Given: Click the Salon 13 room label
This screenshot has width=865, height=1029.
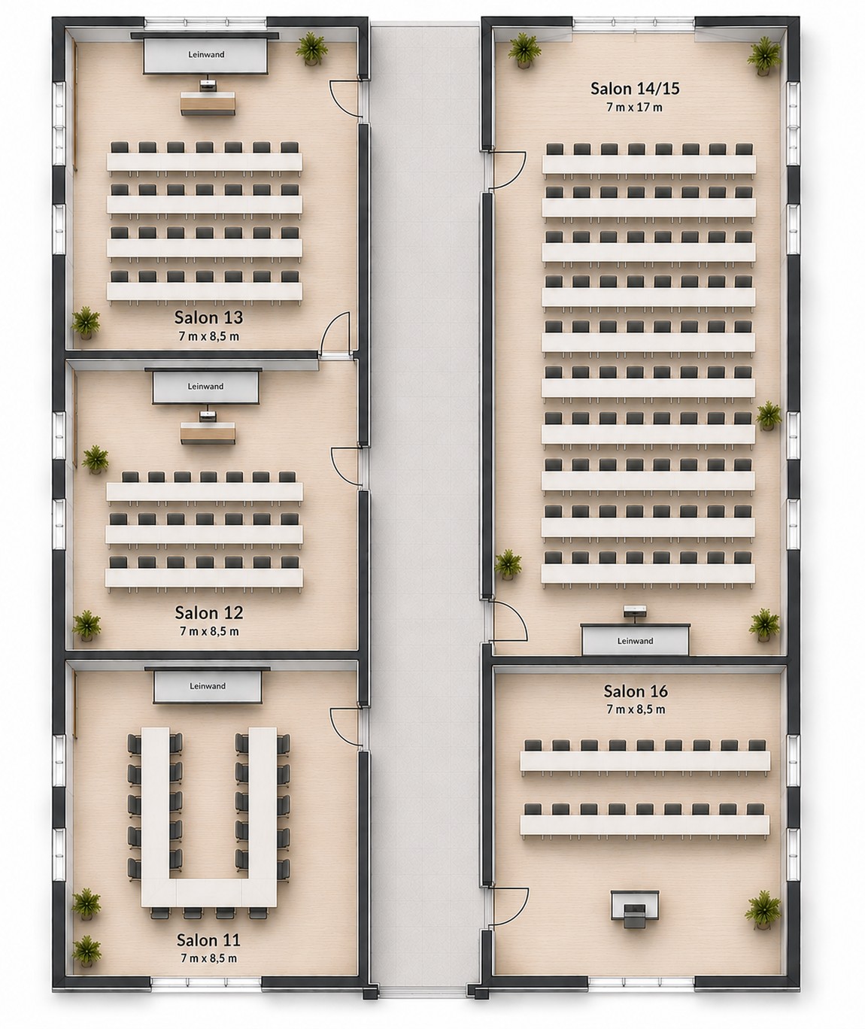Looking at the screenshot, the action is [208, 317].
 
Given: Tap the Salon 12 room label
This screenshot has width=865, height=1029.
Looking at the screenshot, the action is [209, 612].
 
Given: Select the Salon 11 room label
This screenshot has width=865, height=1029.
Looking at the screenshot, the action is [208, 939].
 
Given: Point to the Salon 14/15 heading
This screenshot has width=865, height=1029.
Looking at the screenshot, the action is [635, 89].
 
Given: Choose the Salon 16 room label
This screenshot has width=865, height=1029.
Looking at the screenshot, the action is [636, 691].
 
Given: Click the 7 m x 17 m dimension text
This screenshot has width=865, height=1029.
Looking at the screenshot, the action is [635, 107].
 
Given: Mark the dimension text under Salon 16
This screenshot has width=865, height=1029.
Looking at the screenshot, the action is [636, 709].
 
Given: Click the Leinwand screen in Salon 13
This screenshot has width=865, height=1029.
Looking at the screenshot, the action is [205, 55].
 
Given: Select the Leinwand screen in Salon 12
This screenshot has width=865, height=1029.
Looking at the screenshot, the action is [205, 387].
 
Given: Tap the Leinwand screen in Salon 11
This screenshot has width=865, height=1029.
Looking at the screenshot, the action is [207, 685].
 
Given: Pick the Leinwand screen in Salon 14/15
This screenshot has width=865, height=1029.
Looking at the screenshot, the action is [635, 641].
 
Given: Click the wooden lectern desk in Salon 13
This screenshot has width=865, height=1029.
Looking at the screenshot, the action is [208, 103].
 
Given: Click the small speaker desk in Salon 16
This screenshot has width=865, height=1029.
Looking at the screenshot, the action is [634, 906].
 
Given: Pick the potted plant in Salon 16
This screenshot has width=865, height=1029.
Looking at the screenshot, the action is [763, 910].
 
